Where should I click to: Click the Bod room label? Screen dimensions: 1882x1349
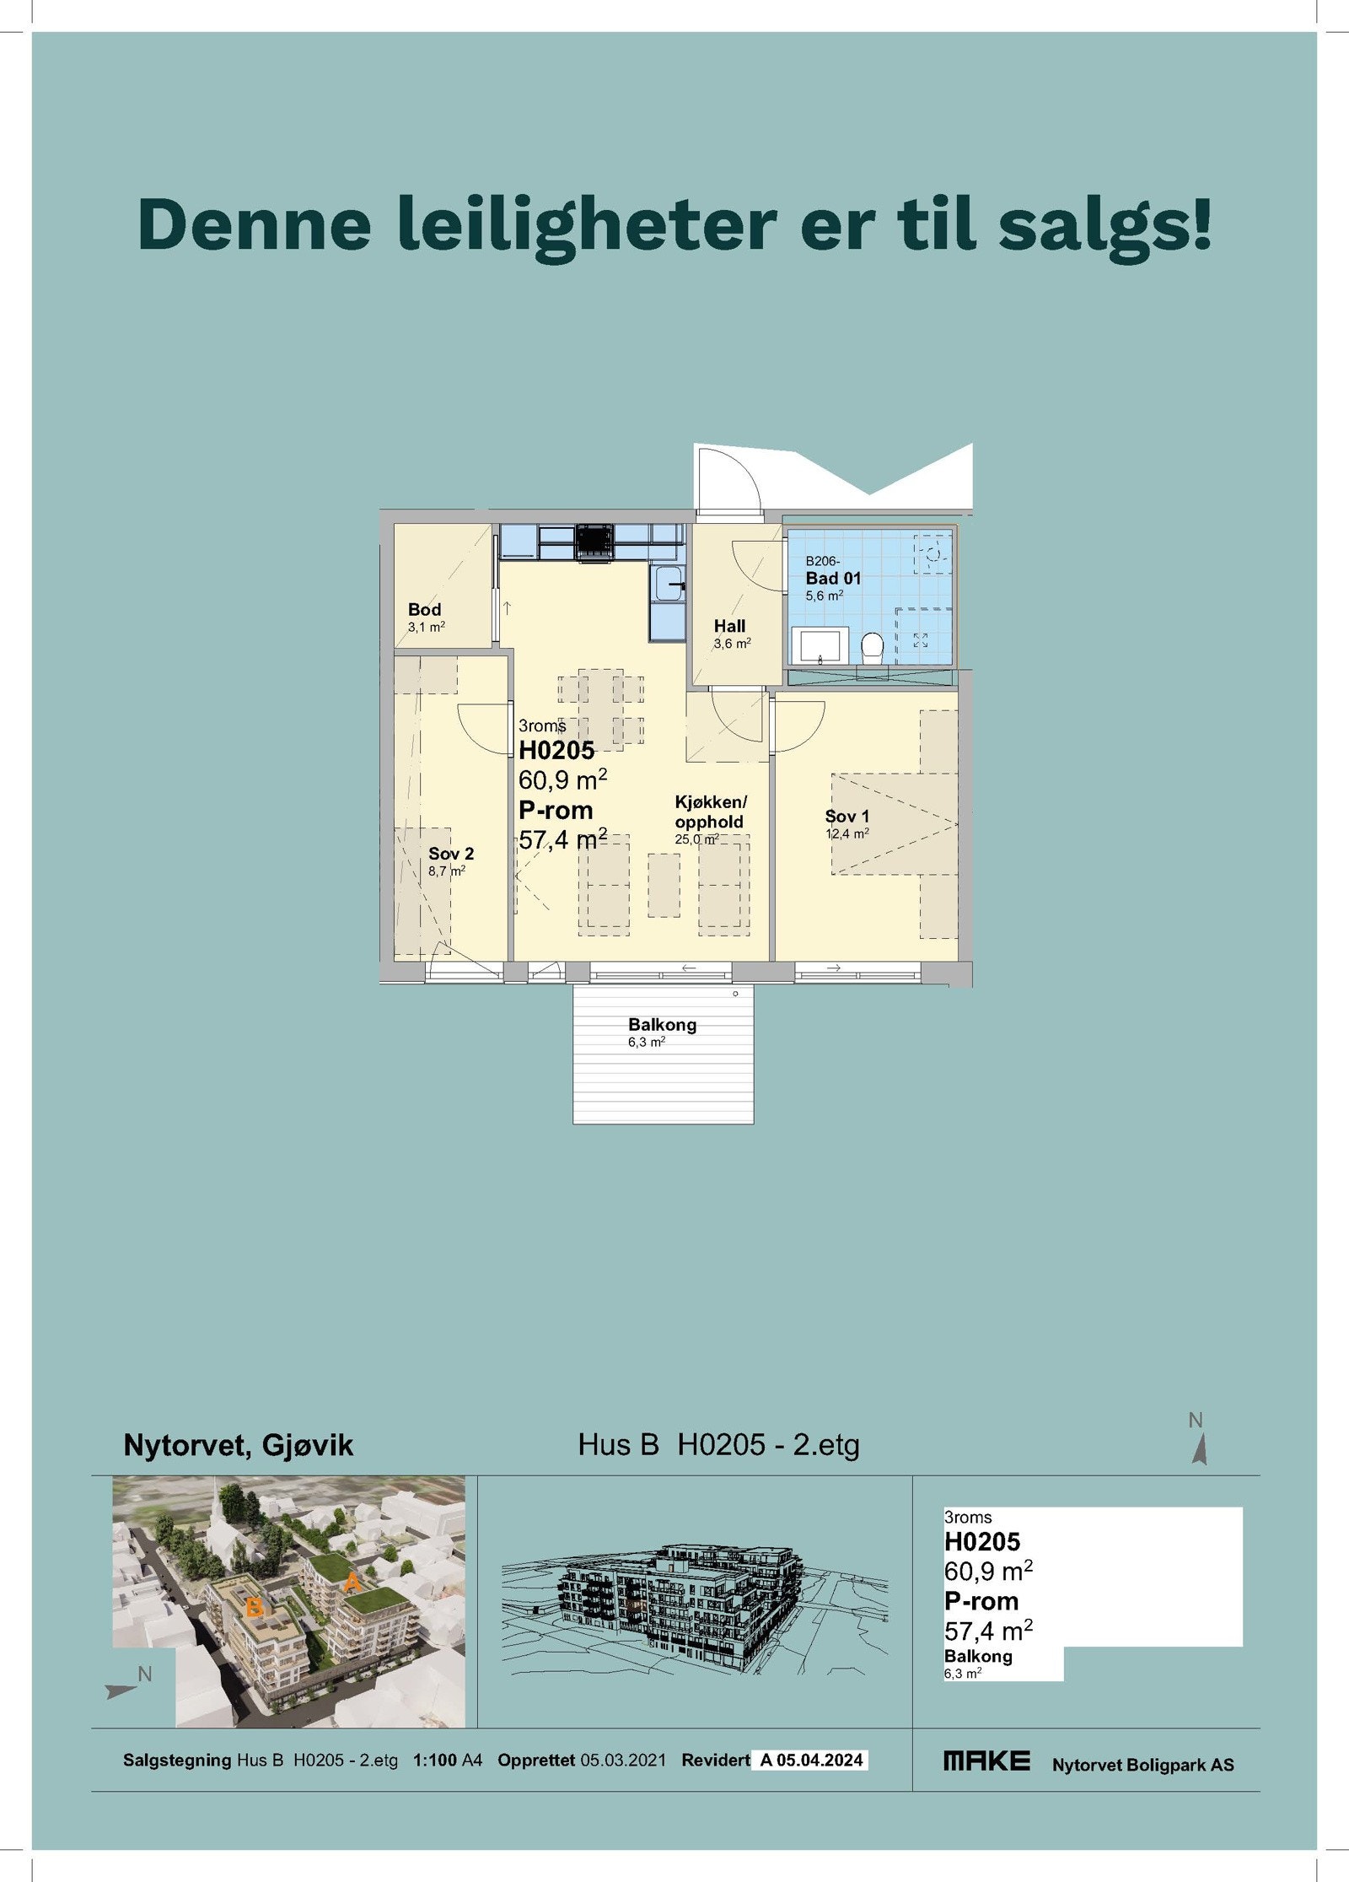click(x=424, y=609)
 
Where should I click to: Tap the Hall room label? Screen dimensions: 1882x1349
click(x=729, y=626)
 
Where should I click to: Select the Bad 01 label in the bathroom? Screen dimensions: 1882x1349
click(x=833, y=578)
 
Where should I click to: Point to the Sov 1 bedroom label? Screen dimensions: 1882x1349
click(x=846, y=816)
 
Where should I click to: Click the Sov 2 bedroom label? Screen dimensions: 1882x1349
click(x=451, y=854)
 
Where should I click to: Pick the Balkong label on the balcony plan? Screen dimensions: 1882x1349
click(x=662, y=1025)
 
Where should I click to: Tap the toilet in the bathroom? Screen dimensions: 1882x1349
click(x=872, y=647)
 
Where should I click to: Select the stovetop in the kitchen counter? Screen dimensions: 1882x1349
click(x=594, y=542)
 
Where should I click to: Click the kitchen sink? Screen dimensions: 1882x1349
click(x=669, y=583)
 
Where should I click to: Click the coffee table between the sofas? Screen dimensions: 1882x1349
click(x=664, y=885)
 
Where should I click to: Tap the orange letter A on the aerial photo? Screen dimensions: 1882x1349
click(x=352, y=1583)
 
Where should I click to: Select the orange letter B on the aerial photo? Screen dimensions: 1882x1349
click(x=254, y=1608)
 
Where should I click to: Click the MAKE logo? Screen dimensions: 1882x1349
click(x=986, y=1761)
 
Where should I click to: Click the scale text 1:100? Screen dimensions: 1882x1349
click(x=434, y=1761)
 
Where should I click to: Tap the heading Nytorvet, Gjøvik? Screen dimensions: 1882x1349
click(x=238, y=1445)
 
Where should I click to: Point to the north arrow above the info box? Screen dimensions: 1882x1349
click(x=1200, y=1449)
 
